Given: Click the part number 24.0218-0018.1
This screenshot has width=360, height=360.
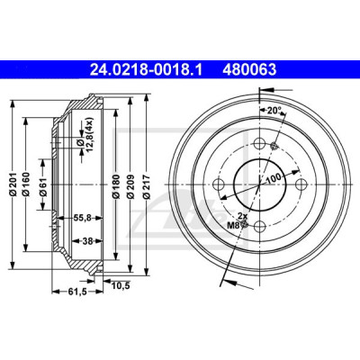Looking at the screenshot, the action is point(147,70).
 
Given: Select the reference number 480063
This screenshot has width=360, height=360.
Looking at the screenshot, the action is point(249,70).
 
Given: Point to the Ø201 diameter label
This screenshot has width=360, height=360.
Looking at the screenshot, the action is point(13,184).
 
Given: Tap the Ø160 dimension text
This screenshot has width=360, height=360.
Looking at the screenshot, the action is point(26,184).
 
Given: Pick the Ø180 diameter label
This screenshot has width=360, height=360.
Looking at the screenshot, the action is point(116,186).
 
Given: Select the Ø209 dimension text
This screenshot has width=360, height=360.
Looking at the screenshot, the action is point(130,186).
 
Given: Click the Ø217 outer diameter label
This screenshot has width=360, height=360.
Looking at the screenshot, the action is point(146,186).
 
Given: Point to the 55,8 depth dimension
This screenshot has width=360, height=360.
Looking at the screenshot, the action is point(83,219).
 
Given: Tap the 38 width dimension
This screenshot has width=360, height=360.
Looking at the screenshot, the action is point(87,240).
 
